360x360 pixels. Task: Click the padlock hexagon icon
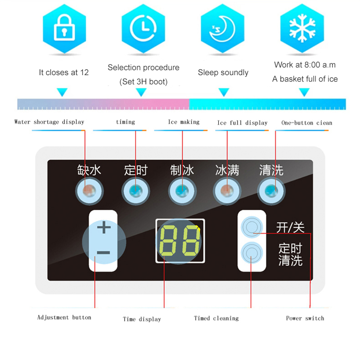pos(64,29)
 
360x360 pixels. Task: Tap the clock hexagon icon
pos(143,29)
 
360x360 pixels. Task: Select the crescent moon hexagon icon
pos(222,29)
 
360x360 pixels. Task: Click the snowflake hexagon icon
pos(302,29)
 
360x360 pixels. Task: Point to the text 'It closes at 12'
pos(63,72)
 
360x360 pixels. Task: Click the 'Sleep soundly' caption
pos(223,72)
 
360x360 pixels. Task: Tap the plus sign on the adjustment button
pos(104,227)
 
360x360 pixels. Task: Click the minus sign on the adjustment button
pos(103,253)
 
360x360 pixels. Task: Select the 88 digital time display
pos(180,241)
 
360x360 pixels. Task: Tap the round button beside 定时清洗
pos(252,253)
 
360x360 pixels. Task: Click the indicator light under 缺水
pos(89,191)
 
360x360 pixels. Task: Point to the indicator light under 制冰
pos(182,191)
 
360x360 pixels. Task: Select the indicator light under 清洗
pos(271,191)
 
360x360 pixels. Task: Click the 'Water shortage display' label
pos(49,122)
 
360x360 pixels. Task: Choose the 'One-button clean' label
pos(307,123)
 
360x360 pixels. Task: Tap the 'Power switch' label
pos(305,318)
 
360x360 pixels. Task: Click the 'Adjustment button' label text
pos(64,317)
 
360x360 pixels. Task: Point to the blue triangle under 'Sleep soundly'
pos(224,92)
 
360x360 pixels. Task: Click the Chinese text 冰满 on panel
pos(227,171)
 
